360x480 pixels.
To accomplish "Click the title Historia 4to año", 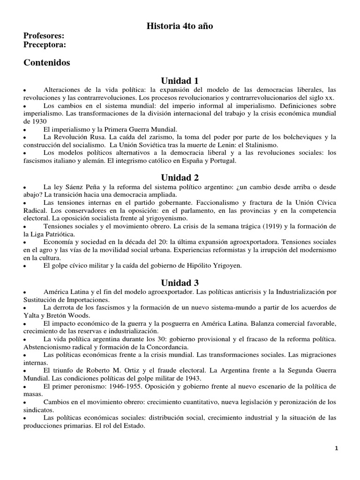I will (180, 26).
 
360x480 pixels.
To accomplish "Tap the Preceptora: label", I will (45, 45).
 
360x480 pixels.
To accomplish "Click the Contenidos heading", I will (46, 62).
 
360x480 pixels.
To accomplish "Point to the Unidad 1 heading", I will (180, 81).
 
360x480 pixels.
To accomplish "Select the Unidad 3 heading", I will (180, 283).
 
